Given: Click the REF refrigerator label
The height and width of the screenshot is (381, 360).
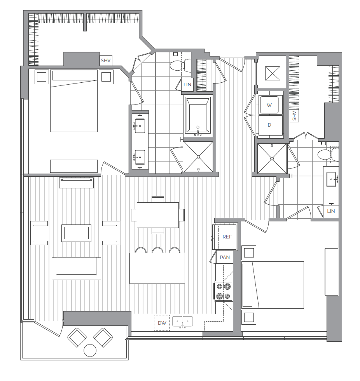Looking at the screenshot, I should pyautogui.click(x=227, y=237).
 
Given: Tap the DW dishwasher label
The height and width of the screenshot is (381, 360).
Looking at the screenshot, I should pyautogui.click(x=162, y=323).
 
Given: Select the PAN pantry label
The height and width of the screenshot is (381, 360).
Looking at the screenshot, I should pyautogui.click(x=225, y=257).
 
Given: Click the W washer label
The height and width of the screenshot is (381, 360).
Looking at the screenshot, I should pyautogui.click(x=269, y=105).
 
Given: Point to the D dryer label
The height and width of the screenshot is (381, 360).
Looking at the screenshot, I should pyautogui.click(x=269, y=125).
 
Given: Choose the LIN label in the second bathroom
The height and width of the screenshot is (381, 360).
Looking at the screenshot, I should pyautogui.click(x=331, y=211).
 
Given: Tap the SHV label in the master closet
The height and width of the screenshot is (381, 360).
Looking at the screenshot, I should pyautogui.click(x=106, y=61).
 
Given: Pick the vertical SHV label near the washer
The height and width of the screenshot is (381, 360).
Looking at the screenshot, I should pyautogui.click(x=294, y=116).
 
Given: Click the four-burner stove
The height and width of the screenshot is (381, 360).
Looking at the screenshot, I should pyautogui.click(x=224, y=291).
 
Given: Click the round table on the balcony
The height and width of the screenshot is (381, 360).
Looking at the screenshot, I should pyautogui.click(x=90, y=351).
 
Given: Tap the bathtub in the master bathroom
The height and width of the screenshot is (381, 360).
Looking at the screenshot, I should pyautogui.click(x=198, y=116).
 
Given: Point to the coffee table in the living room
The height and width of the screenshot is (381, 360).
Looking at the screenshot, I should pyautogui.click(x=76, y=233).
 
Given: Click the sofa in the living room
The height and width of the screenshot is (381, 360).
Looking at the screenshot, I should pyautogui.click(x=76, y=268).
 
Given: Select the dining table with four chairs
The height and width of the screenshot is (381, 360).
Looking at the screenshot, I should pyautogui.click(x=157, y=215).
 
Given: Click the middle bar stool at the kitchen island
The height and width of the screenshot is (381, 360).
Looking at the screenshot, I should pyautogui.click(x=157, y=251).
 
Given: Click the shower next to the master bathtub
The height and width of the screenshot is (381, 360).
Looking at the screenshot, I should pyautogui.click(x=198, y=157).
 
